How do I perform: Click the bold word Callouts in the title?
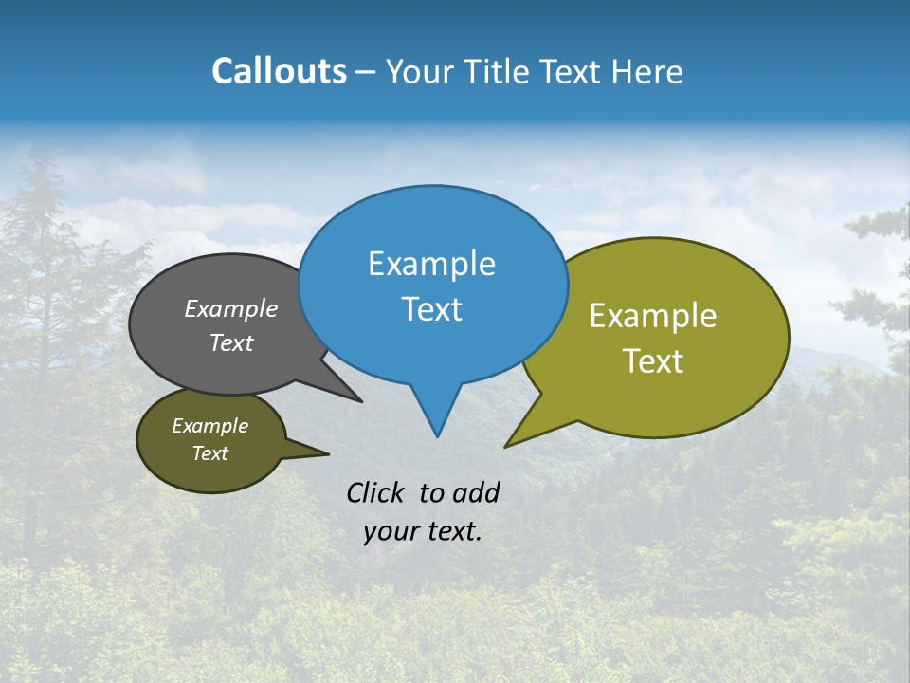pyautogui.click(x=279, y=71)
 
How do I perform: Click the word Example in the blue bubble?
pyautogui.click(x=431, y=264)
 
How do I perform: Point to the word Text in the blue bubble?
pyautogui.click(x=431, y=309)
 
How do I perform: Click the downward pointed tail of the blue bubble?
pyautogui.click(x=437, y=417)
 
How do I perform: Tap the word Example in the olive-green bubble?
pyautogui.click(x=653, y=316)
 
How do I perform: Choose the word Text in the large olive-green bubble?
pyautogui.click(x=653, y=361)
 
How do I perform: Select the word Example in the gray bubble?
pyautogui.click(x=231, y=308)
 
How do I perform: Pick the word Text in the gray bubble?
pyautogui.click(x=231, y=343)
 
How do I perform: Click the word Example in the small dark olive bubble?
pyautogui.click(x=209, y=426)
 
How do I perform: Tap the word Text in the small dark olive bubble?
pyautogui.click(x=209, y=453)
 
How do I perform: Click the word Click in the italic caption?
pyautogui.click(x=375, y=492)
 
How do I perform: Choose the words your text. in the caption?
pyautogui.click(x=422, y=531)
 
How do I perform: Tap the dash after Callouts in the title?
pyautogui.click(x=367, y=72)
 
